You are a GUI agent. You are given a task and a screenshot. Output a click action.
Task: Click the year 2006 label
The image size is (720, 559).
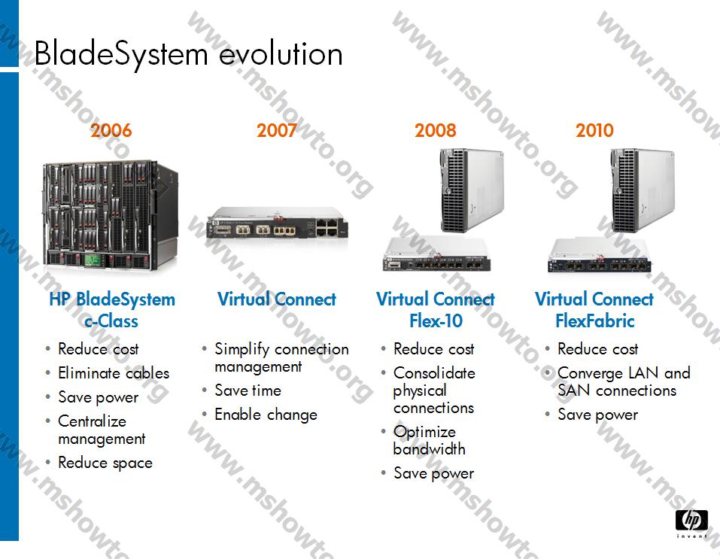pos(111,130)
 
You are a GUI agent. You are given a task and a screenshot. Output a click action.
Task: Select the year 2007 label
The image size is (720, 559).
pos(276,130)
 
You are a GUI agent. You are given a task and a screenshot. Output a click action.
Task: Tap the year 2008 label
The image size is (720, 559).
pos(436,130)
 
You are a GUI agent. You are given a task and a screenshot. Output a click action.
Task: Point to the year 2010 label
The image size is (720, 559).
pos(594,130)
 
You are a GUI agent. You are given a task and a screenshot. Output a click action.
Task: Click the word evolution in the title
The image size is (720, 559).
pos(281,54)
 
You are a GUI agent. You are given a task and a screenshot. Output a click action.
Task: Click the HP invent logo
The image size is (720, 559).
pos(691,524)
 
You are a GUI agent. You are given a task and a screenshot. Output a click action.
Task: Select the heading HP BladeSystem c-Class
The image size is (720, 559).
pos(112,309)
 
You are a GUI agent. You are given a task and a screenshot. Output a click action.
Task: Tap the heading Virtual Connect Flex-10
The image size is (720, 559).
pos(436,309)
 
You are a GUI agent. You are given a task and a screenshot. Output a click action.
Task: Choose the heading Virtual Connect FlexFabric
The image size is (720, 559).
pos(594,309)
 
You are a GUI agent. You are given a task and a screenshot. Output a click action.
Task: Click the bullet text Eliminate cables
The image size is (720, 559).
pos(114,373)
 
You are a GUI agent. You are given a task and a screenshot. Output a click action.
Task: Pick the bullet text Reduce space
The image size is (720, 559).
pos(105,463)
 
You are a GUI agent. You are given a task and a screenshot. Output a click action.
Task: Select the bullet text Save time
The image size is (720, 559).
pos(248,390)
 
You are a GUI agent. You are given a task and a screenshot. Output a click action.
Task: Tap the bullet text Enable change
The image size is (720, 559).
pos(266,415)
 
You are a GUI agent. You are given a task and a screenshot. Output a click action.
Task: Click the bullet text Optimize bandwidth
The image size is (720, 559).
pos(429,440)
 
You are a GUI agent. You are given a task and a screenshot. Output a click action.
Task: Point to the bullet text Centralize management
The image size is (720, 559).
pos(102,430)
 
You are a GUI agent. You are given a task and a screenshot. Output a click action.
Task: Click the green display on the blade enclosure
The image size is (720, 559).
pos(93,260)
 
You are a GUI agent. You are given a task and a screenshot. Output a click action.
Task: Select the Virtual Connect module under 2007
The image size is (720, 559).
pos(277,223)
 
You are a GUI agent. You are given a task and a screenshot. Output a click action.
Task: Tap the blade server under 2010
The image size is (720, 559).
pos(642,190)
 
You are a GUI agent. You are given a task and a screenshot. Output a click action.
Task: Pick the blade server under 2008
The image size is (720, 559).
pos(472,190)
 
